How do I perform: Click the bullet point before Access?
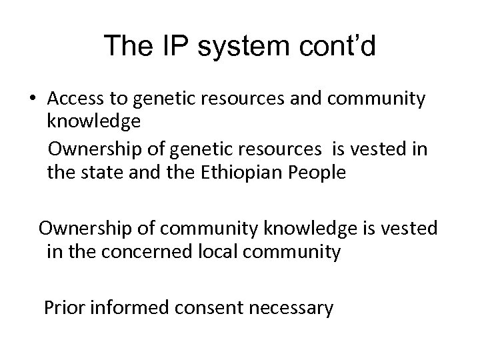32,99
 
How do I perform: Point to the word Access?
77,99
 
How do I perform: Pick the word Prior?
64,307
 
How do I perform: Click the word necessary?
293,308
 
